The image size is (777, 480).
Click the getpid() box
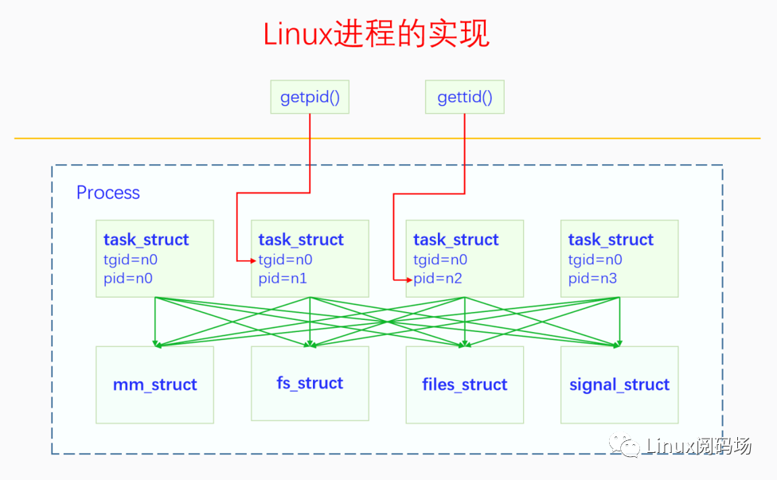click(310, 98)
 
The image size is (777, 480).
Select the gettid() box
click(465, 98)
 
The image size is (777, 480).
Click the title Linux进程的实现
click(377, 33)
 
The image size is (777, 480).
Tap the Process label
click(107, 193)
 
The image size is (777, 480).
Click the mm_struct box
click(154, 384)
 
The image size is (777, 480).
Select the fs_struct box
click(310, 383)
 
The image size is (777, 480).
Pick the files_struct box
click(464, 384)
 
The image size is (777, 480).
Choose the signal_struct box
click(619, 384)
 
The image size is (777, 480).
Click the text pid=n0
click(127, 279)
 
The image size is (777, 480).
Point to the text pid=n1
click(283, 279)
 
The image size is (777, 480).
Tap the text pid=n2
click(437, 279)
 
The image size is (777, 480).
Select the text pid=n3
click(592, 279)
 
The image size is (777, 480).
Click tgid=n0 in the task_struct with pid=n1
click(285, 260)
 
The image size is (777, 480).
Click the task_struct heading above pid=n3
click(611, 240)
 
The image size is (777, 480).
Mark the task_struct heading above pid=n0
click(146, 240)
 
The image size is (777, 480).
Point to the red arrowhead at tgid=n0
click(252, 260)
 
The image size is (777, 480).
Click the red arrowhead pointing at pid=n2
click(408, 279)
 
